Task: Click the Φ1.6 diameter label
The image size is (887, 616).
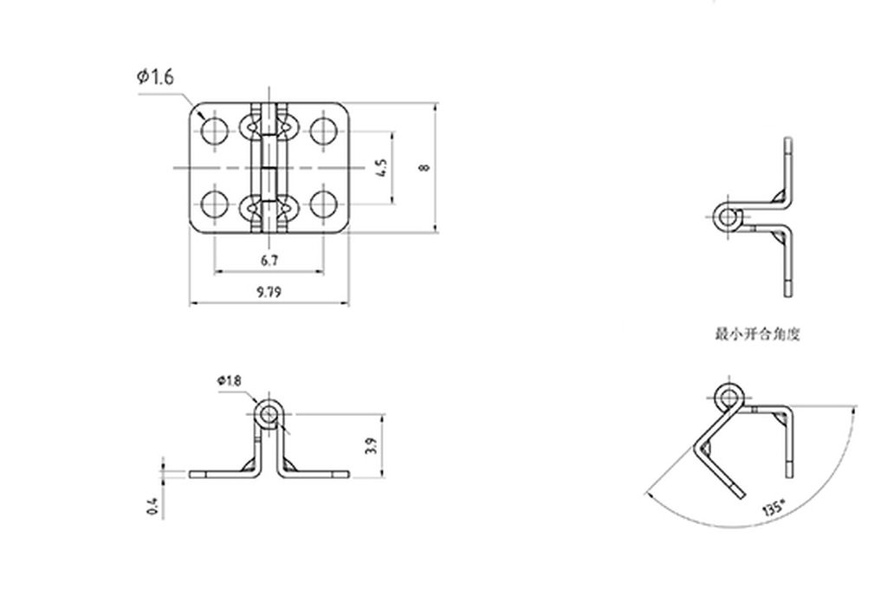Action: [155, 77]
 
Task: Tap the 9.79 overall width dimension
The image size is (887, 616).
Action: [269, 293]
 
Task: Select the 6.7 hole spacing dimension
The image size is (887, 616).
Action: [269, 260]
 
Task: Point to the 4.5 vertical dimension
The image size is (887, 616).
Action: [381, 167]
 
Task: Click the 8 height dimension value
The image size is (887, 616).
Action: [424, 167]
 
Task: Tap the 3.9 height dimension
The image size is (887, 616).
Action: [371, 446]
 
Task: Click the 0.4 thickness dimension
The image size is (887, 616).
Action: [152, 506]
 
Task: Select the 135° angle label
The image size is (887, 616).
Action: [773, 508]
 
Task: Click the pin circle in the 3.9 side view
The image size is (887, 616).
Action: [269, 414]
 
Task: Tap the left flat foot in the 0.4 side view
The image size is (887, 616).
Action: [217, 474]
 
